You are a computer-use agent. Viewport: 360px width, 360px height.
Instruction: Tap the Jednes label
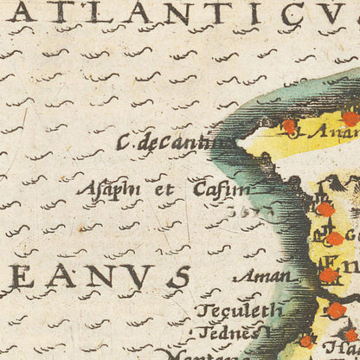pyautogui.click(x=228, y=331)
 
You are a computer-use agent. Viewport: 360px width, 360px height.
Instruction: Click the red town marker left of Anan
pyautogui.click(x=289, y=126)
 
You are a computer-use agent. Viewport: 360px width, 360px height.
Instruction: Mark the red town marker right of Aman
pyautogui.click(x=328, y=276)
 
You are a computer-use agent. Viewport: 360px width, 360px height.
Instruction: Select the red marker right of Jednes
pyautogui.click(x=305, y=341)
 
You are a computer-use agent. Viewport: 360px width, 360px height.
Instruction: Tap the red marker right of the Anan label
pyautogui.click(x=350, y=119)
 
